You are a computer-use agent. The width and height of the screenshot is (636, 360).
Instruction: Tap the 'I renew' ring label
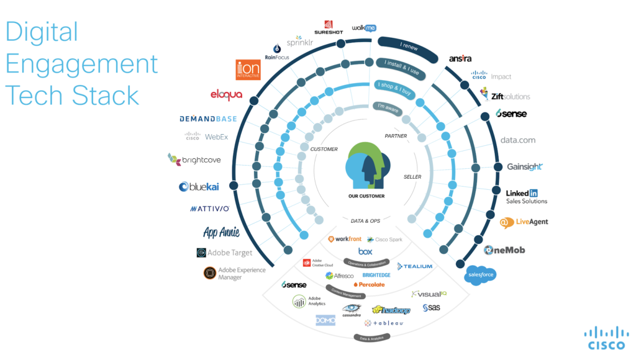[x=409, y=46]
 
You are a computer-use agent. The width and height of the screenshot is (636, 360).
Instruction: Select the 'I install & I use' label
[x=397, y=63]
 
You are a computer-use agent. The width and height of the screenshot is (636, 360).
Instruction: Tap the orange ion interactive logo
[x=248, y=70]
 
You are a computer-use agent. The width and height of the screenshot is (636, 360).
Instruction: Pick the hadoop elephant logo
[x=391, y=310]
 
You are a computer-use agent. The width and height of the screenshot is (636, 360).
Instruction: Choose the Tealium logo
[x=415, y=266]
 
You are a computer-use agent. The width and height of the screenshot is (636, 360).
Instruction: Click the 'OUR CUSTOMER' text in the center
[x=366, y=196]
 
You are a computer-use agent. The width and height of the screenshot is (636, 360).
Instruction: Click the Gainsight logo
[x=525, y=166]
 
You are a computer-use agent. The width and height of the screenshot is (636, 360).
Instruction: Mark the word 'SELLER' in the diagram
[x=412, y=177]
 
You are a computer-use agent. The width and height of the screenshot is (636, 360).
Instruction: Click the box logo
[x=365, y=251]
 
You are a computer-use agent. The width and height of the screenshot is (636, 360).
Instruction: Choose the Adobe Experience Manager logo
[x=234, y=274]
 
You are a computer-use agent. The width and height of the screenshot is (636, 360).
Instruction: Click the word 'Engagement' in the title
[x=82, y=65]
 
